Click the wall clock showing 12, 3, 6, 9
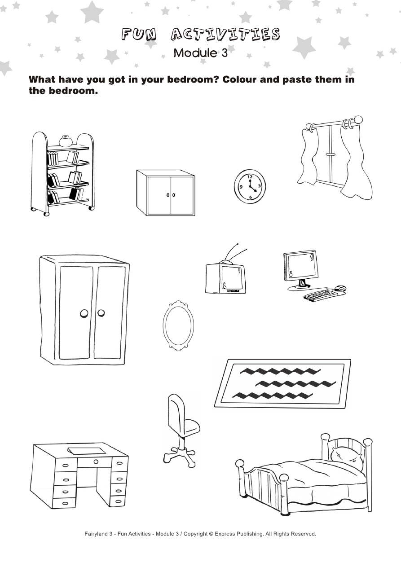pyautogui.click(x=250, y=186)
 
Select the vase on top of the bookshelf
pyautogui.click(x=66, y=141)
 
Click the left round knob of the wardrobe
pyautogui.click(x=84, y=313)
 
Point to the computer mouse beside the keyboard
pyautogui.click(x=340, y=288)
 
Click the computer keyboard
pyautogui.click(x=318, y=295)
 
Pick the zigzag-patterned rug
pyautogui.click(x=282, y=383)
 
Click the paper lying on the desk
pyautogui.click(x=87, y=450)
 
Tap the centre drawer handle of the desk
pyautogui.click(x=96, y=462)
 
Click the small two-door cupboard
pyautogui.click(x=166, y=193)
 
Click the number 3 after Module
pyautogui.click(x=224, y=53)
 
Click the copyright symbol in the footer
pyautogui.click(x=211, y=534)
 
